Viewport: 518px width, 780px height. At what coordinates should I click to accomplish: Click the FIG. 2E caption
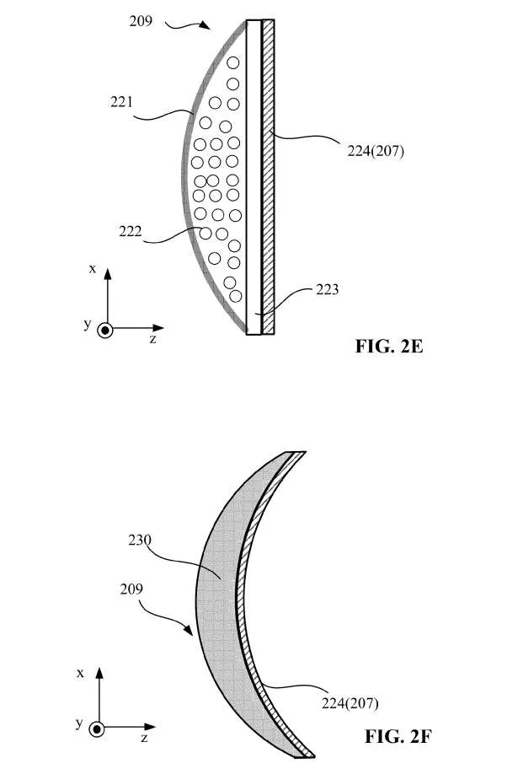click(x=389, y=346)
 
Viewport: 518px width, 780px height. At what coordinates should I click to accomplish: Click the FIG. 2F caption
click(x=398, y=736)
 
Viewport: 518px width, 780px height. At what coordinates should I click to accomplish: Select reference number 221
click(x=121, y=102)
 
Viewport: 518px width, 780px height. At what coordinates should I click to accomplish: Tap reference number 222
click(x=130, y=231)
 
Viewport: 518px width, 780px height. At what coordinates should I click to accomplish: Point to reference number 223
click(x=328, y=289)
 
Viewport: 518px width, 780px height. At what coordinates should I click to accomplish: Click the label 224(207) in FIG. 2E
click(x=376, y=151)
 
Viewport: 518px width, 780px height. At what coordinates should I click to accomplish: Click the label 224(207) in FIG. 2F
click(x=350, y=703)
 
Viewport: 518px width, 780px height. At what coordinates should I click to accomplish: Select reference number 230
click(x=140, y=540)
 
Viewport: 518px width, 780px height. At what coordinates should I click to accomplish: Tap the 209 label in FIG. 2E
click(x=141, y=21)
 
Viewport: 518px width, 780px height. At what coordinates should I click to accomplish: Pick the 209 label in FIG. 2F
click(x=131, y=589)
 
